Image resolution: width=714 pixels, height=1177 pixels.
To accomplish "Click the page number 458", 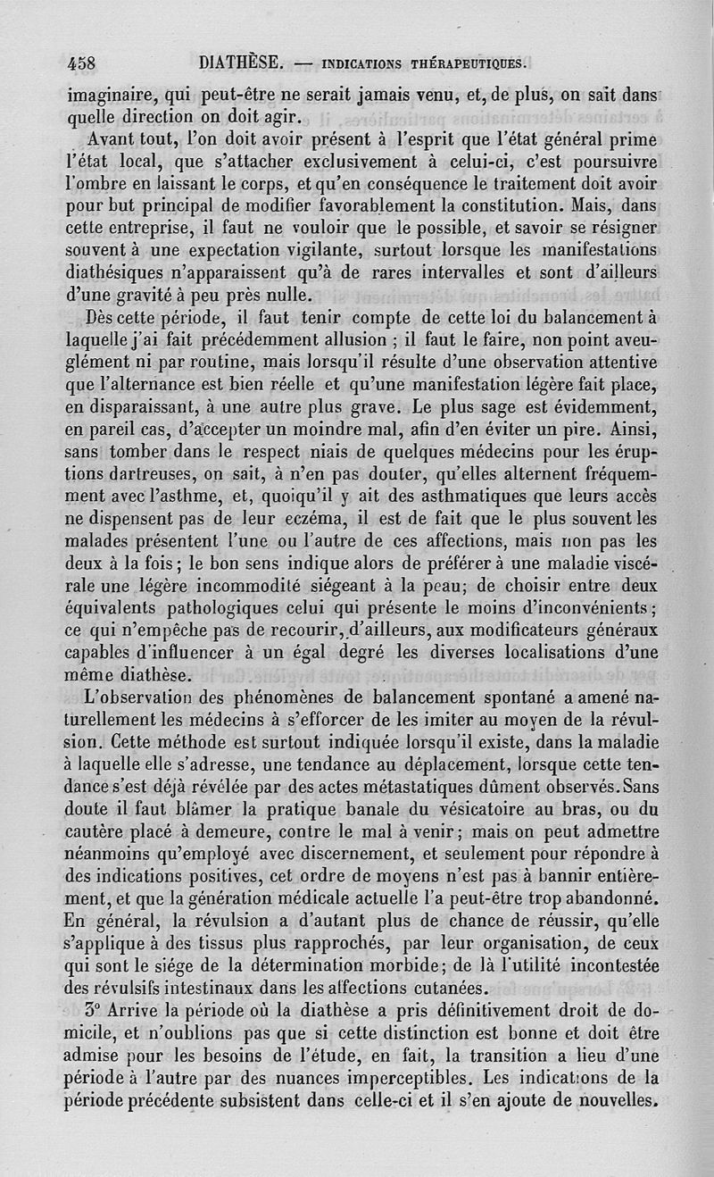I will point(82,63).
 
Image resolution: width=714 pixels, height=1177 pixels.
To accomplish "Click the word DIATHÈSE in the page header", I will point(241,63).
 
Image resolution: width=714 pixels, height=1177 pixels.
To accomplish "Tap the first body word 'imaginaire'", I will point(110,94).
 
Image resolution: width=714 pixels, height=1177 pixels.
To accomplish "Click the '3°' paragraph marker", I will point(98,1013).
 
